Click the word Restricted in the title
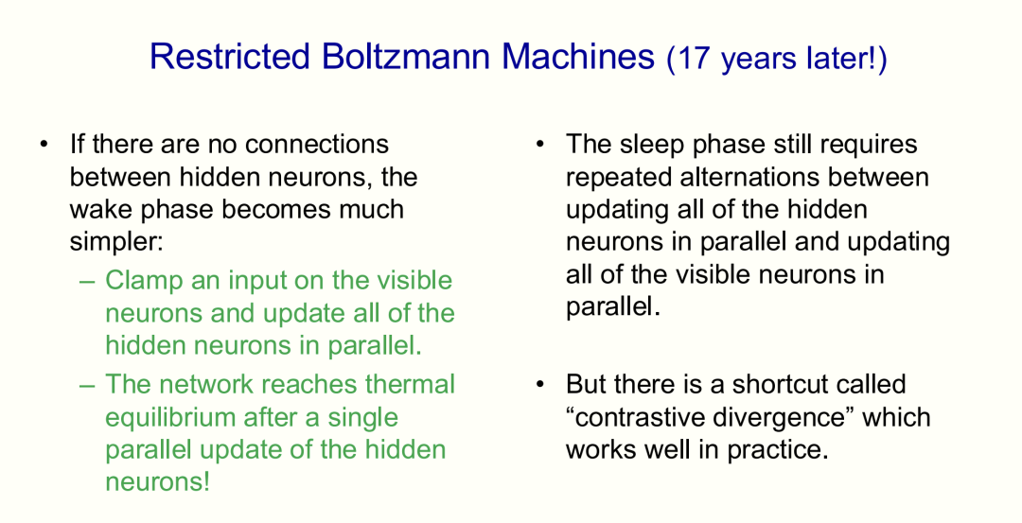tap(229, 56)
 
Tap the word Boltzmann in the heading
tap(405, 56)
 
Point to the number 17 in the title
tap(692, 59)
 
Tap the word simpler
tap(116, 242)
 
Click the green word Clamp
tap(144, 281)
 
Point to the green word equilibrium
tap(170, 417)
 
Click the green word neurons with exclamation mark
tap(158, 482)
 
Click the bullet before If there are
tap(44, 144)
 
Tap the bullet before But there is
tap(539, 384)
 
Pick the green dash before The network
tap(87, 385)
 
